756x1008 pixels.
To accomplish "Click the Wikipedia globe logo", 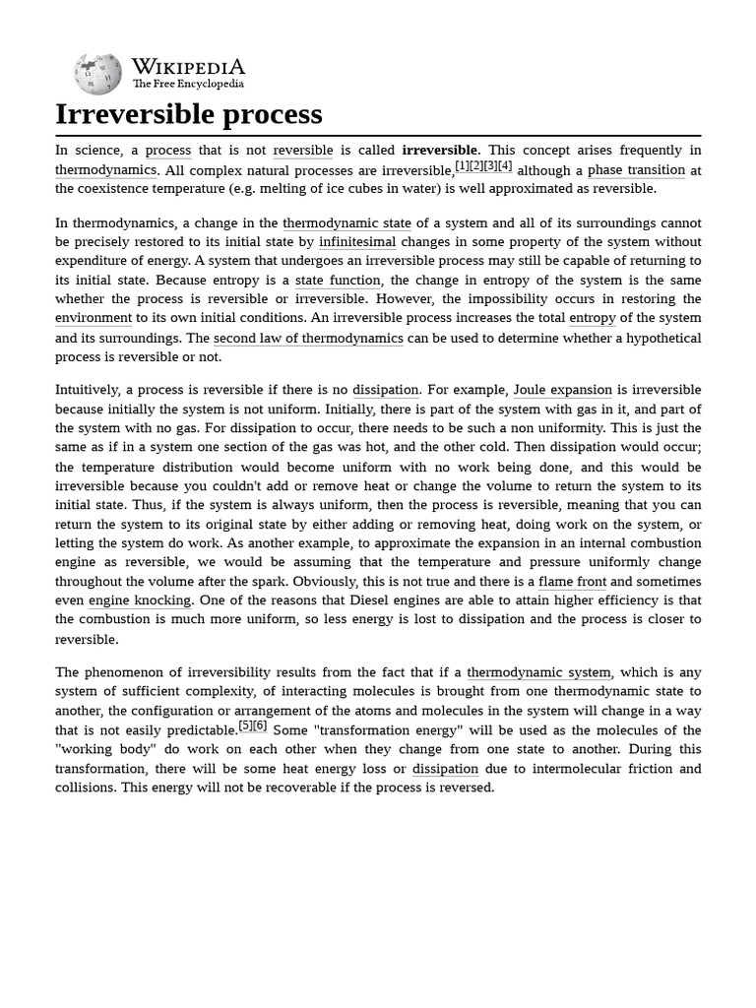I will click(x=97, y=73).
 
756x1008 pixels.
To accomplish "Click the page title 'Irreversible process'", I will click(x=189, y=114).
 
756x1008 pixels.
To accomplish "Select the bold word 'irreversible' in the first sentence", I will click(x=439, y=151).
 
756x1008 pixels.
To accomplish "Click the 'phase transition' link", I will click(x=636, y=169).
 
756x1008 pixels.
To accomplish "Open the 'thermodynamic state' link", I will click(x=346, y=223).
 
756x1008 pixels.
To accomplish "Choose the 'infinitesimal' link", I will click(x=357, y=242).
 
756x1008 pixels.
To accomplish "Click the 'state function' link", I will click(x=338, y=281).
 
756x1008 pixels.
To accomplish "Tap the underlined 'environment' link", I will click(x=94, y=318).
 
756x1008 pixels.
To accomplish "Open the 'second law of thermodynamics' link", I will click(x=308, y=338).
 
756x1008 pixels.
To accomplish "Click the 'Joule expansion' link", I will click(x=562, y=391).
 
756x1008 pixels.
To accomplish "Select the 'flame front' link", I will click(x=572, y=582).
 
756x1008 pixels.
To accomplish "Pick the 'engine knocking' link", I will click(x=140, y=600).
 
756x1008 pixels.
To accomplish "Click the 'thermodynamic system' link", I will click(x=539, y=672).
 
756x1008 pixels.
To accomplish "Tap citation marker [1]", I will click(x=462, y=165).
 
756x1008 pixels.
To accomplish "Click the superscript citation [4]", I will click(x=505, y=165).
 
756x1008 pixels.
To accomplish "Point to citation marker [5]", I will click(x=246, y=725).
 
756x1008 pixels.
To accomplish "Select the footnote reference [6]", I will click(x=260, y=725).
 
